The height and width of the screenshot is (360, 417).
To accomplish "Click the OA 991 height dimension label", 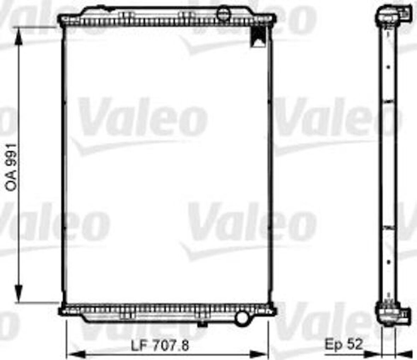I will (12, 167).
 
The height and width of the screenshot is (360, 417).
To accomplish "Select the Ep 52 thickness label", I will (344, 345).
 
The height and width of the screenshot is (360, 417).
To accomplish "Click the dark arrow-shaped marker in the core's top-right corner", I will (257, 37).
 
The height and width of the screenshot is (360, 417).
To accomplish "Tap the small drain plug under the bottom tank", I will (202, 324).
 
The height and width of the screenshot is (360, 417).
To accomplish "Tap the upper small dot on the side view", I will (388, 67).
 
